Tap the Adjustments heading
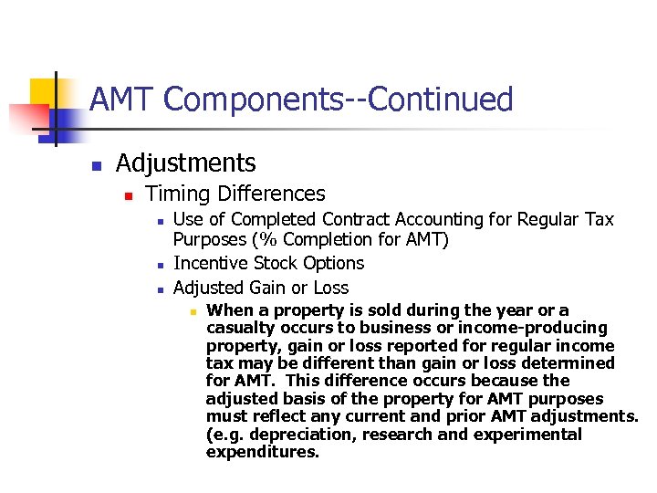185,163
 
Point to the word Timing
177,194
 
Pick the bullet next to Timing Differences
129,195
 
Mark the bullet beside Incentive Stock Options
160,265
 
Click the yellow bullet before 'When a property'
193,311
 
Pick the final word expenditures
262,452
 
